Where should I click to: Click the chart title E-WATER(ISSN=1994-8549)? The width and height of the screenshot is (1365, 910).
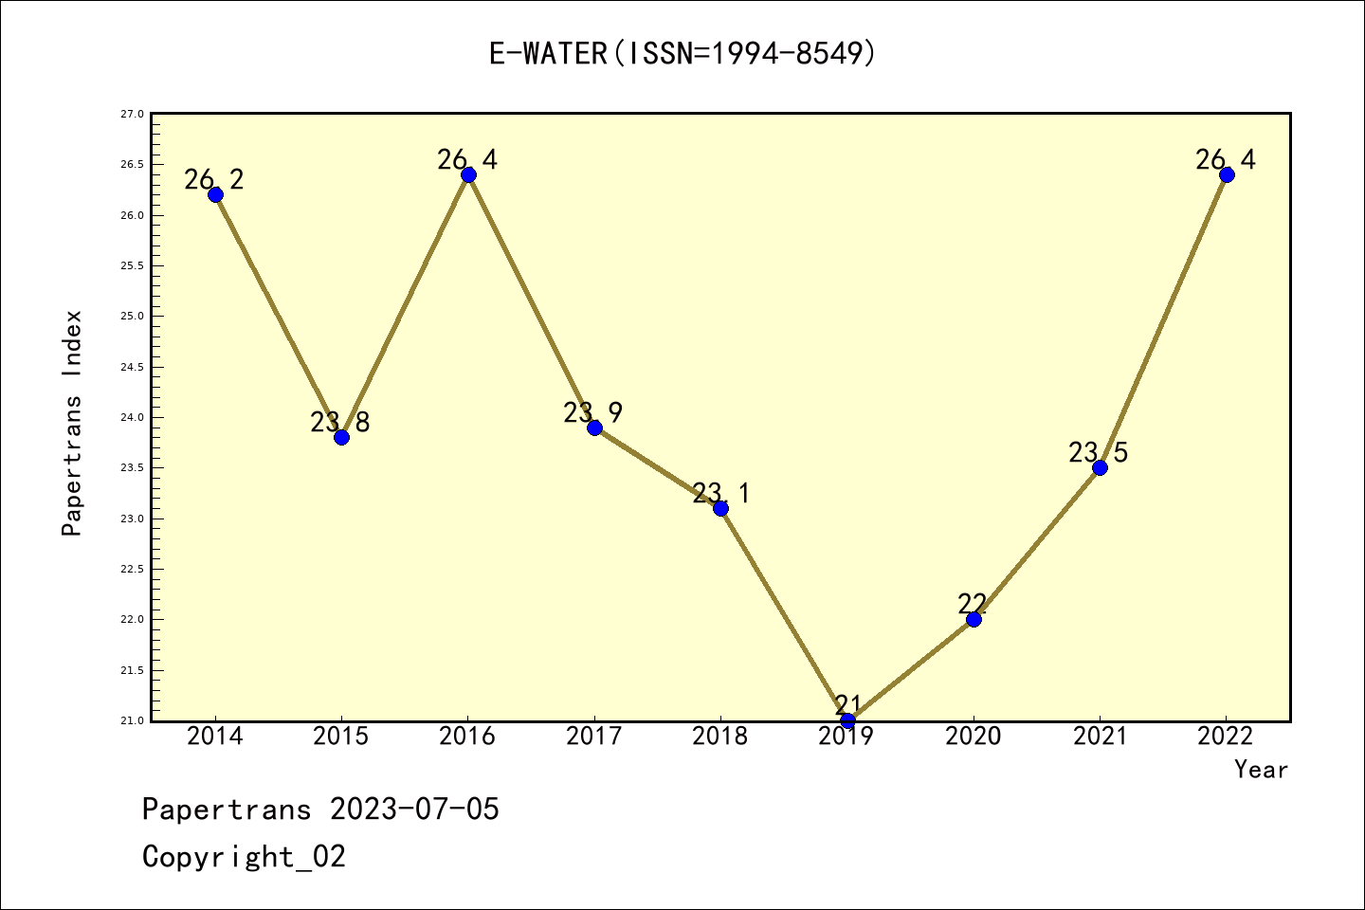coord(682,53)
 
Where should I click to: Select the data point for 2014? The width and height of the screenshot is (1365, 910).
coord(215,194)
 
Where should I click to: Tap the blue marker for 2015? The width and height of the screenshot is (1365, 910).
coord(341,437)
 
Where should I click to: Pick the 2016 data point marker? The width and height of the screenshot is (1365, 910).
coord(468,174)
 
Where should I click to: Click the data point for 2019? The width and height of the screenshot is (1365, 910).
coord(847,720)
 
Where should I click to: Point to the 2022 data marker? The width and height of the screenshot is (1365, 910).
coord(1227,174)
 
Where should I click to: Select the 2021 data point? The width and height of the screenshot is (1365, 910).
coord(1100,467)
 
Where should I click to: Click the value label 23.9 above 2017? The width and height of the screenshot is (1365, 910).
coord(592,413)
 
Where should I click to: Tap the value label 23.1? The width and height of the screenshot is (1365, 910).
coord(720,493)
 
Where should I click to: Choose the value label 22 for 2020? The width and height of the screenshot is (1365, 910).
coord(973,603)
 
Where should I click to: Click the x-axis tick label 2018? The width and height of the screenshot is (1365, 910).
coord(720,737)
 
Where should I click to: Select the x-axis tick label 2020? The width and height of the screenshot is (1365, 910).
coord(974,737)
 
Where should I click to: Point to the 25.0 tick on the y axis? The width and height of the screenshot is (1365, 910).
coord(132,317)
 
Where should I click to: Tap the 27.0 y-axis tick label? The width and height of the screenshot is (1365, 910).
coord(132,114)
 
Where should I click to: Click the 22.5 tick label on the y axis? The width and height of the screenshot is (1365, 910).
coord(132,569)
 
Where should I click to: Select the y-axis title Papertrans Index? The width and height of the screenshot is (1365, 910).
coord(72,423)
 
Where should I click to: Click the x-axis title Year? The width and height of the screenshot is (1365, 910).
coord(1261,770)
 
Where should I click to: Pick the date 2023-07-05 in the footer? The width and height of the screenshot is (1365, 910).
coord(414,810)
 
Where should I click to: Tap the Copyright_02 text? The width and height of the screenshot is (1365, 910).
coord(244,857)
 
